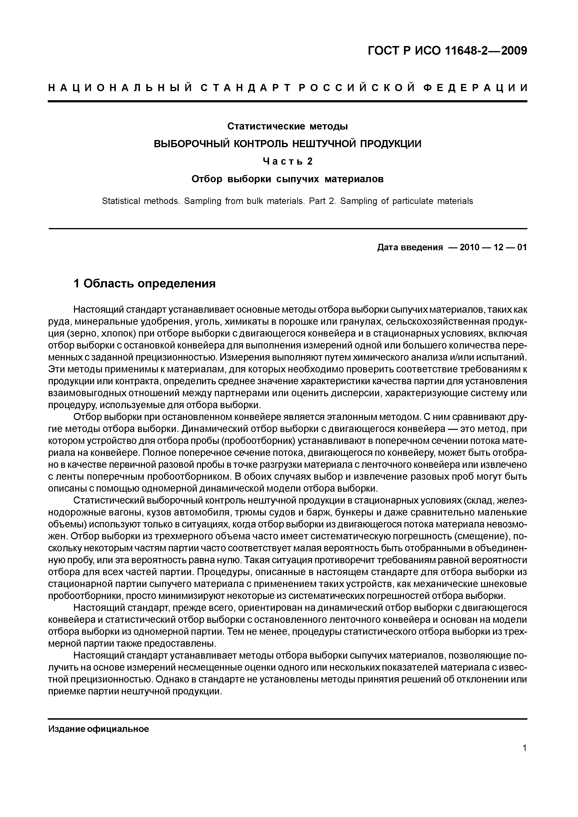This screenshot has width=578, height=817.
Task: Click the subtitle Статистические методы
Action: pyautogui.click(x=287, y=126)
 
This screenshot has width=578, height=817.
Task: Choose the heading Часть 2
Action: pyautogui.click(x=287, y=161)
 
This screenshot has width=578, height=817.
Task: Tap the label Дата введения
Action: pyautogui.click(x=409, y=247)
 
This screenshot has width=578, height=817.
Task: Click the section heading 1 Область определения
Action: pyautogui.click(x=144, y=284)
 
